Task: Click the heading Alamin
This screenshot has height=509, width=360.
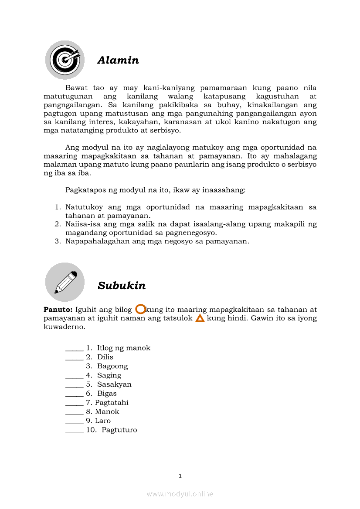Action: tap(118, 60)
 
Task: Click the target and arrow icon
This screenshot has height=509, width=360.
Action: tap(65, 60)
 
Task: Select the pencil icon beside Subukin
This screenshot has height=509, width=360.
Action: tap(65, 282)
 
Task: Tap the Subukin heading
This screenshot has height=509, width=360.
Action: tap(122, 286)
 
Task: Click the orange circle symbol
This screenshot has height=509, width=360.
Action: tap(140, 309)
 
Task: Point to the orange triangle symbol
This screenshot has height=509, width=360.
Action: tap(200, 318)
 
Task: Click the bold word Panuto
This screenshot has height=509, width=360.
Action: tap(58, 310)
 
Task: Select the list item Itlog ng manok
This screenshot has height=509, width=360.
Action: tap(123, 348)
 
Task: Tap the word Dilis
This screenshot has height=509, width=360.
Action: tap(105, 357)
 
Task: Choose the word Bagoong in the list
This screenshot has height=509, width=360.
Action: tap(112, 366)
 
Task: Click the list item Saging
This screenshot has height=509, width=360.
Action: tap(109, 375)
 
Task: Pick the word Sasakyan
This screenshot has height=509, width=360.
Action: tap(114, 384)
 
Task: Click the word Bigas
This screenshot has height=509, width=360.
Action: tap(107, 394)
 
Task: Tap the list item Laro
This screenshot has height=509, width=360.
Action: tap(103, 421)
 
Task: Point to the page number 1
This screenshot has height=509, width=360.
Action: tap(180, 476)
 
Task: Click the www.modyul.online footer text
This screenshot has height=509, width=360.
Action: tap(180, 494)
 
